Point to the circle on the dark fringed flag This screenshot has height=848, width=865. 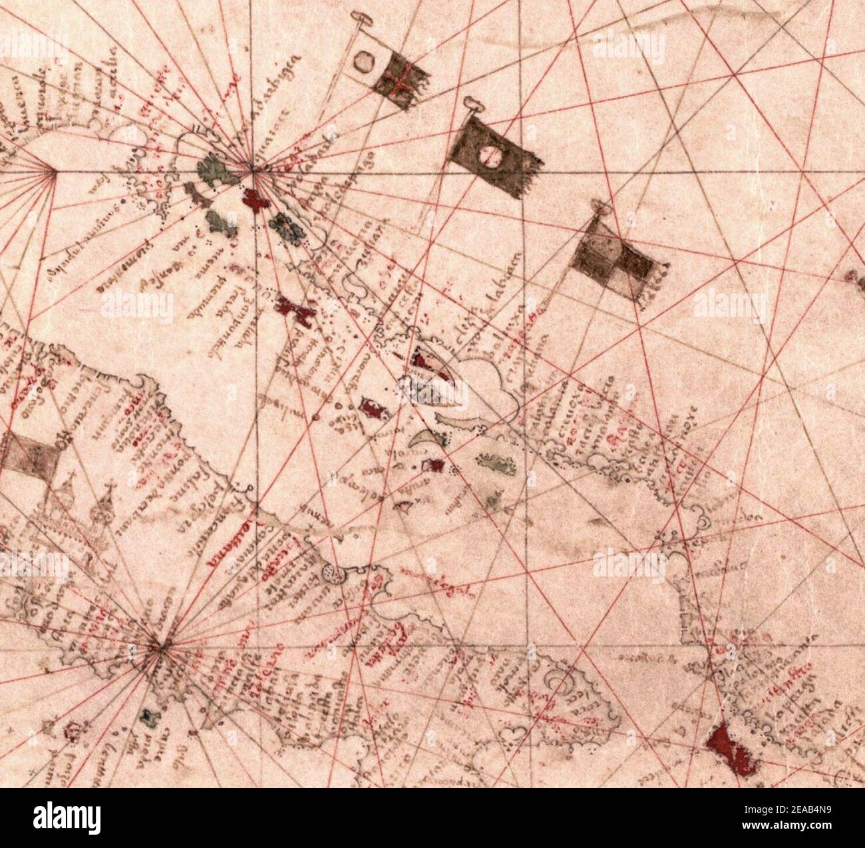tap(490, 156)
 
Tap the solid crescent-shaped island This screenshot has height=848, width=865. tap(423, 439)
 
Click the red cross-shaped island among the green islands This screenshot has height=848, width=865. tap(254, 199)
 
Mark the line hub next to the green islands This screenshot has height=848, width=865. tap(252, 172)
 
